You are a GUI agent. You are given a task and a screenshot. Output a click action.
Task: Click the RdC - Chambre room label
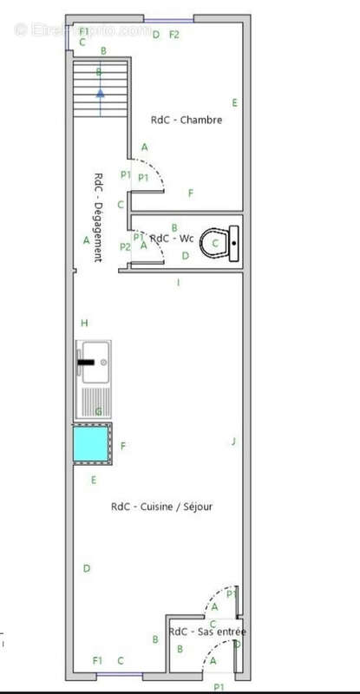click(x=187, y=121)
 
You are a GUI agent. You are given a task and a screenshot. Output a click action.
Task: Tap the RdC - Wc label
click(x=172, y=238)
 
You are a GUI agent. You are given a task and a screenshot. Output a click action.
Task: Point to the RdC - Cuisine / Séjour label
click(x=162, y=507)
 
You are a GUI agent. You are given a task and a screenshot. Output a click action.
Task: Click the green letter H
click(x=84, y=323)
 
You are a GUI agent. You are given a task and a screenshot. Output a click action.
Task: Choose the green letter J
click(x=233, y=442)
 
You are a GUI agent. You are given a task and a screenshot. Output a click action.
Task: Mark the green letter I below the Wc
click(x=178, y=283)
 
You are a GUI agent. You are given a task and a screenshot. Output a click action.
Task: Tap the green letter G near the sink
click(x=98, y=410)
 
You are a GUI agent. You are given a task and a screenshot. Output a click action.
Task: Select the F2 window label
click(x=174, y=35)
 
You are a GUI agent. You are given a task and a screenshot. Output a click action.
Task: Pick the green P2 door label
click(x=125, y=247)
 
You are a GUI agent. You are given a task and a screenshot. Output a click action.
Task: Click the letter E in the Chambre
click(x=234, y=102)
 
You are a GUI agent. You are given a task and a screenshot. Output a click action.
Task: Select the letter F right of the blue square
click(x=123, y=446)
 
